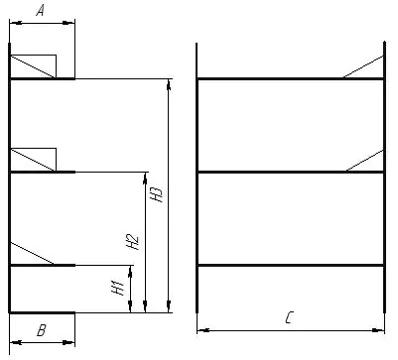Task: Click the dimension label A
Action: point(40,11)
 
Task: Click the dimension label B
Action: point(41,330)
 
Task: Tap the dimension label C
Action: point(289,317)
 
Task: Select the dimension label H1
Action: point(118,288)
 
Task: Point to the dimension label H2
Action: point(133,242)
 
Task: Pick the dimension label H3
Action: point(156,194)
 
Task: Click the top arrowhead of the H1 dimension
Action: point(130,271)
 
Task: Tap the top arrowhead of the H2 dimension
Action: point(145,179)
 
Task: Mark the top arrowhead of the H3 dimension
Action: point(169,85)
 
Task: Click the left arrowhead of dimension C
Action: point(203,330)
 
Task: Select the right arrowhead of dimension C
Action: point(378,330)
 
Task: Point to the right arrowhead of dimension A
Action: point(68,23)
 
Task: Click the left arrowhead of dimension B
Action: point(16,342)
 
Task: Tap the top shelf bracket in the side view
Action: point(33,66)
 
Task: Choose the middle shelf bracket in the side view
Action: point(33,160)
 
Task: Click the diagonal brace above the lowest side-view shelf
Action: point(32,254)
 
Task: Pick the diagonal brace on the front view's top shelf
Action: point(363,67)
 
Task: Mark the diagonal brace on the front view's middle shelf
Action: point(364,161)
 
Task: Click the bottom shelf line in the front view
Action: point(291,265)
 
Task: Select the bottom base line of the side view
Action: point(42,312)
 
